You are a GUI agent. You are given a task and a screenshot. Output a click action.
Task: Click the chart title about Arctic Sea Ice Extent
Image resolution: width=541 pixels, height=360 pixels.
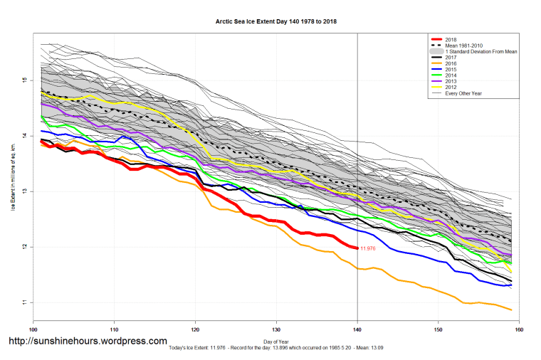(x=276, y=22)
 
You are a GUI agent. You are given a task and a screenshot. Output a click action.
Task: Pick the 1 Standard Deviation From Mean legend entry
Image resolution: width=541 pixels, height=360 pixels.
(x=478, y=52)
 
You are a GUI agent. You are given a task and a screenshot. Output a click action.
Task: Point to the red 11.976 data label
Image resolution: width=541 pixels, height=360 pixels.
(x=368, y=248)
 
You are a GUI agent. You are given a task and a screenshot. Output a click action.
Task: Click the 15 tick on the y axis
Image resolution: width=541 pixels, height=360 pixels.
(x=23, y=80)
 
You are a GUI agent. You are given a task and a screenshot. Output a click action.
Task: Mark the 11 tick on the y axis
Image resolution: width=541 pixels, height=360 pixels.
(x=23, y=302)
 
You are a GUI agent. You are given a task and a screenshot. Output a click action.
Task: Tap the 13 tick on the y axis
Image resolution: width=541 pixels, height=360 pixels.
(x=23, y=191)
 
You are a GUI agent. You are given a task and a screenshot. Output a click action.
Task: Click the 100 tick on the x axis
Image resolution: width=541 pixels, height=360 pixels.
(x=33, y=329)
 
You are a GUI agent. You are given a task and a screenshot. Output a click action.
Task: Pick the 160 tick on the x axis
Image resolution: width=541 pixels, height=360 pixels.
(x=519, y=329)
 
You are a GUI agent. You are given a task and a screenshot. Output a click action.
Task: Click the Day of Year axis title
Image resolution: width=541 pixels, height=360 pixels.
(x=275, y=340)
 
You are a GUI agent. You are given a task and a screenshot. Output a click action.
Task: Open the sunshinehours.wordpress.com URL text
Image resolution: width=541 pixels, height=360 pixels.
(x=88, y=342)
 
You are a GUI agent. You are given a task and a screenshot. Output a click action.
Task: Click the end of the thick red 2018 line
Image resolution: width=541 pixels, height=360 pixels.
(x=357, y=248)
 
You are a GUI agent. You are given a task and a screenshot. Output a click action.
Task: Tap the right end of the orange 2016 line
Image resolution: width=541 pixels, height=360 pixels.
(x=511, y=309)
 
